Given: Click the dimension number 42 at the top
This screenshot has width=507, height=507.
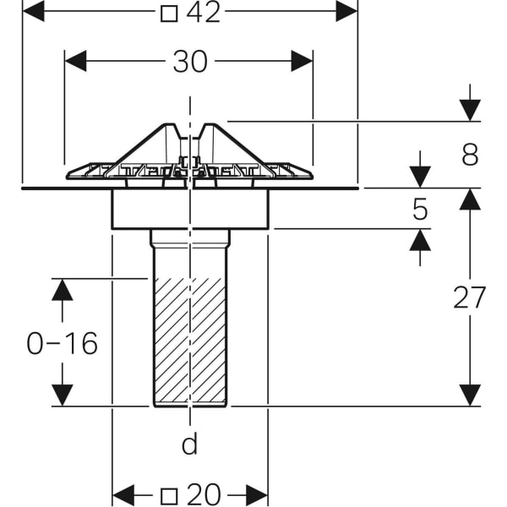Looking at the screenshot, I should coord(203,13).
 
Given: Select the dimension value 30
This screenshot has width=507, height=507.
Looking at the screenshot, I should coord(190,61).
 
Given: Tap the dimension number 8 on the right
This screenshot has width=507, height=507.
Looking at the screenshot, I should coord(470,155).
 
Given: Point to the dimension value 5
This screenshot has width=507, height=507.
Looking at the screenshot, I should coord(420,209).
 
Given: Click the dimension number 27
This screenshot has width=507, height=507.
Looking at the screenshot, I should coord(470,297).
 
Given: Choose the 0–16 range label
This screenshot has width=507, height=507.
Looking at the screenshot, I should coord(63,343).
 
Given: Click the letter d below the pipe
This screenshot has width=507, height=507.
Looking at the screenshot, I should coord(190,444).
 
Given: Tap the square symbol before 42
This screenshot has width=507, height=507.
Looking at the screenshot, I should coord(169,13).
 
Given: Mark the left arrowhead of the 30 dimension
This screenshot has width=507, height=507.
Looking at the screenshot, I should coord(75,61).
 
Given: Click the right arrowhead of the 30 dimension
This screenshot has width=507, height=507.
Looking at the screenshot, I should coord(303,61).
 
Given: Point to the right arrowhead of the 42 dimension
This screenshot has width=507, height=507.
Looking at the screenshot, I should coord(347,11).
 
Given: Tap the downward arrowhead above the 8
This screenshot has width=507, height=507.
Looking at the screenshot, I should coord(470,111).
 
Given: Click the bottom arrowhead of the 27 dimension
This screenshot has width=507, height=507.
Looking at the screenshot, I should coord(470,395).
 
